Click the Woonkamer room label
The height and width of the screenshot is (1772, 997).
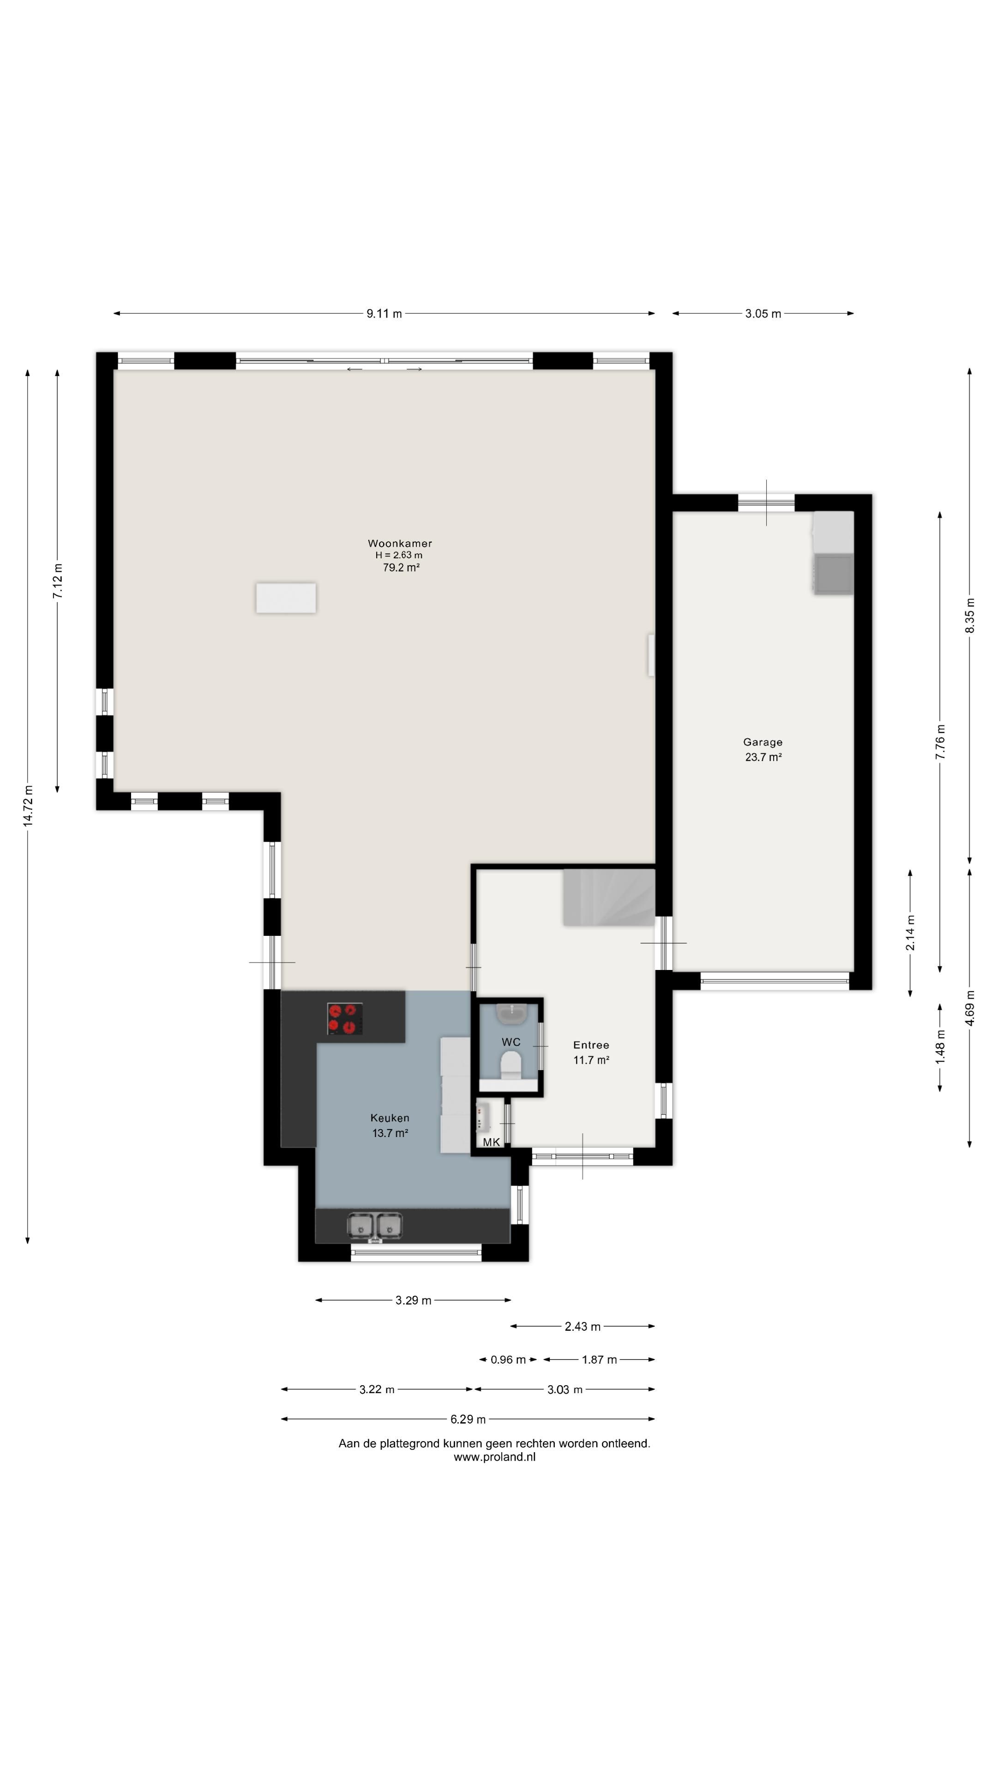[400, 544]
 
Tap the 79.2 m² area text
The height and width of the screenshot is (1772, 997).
[401, 568]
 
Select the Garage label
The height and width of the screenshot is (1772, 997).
[763, 742]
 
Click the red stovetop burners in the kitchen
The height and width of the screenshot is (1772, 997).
[345, 1019]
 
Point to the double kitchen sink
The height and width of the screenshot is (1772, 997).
[375, 1225]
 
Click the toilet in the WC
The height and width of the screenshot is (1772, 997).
[511, 1067]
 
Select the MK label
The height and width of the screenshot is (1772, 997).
[491, 1143]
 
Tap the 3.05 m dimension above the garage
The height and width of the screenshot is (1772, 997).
[763, 314]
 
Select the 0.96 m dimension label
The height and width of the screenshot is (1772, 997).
[508, 1360]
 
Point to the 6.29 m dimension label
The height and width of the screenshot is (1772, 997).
[468, 1419]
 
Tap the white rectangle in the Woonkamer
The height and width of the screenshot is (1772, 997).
[286, 598]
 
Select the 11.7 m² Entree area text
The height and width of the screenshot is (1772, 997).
[591, 1060]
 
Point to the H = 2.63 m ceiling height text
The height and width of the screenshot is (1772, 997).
[399, 555]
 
